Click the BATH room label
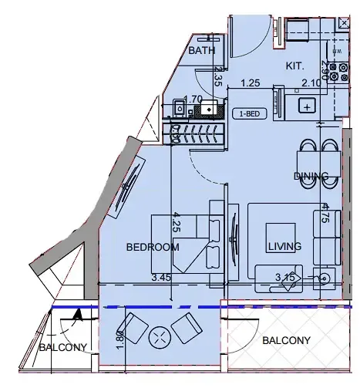point(202,50)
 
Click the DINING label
point(311,177)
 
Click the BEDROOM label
point(153,248)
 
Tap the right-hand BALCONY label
point(286,340)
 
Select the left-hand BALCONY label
point(63,348)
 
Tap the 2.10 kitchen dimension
point(312,83)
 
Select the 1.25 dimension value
point(250,83)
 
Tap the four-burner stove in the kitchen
point(338,71)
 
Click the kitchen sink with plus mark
point(308,106)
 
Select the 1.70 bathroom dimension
point(195,99)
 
